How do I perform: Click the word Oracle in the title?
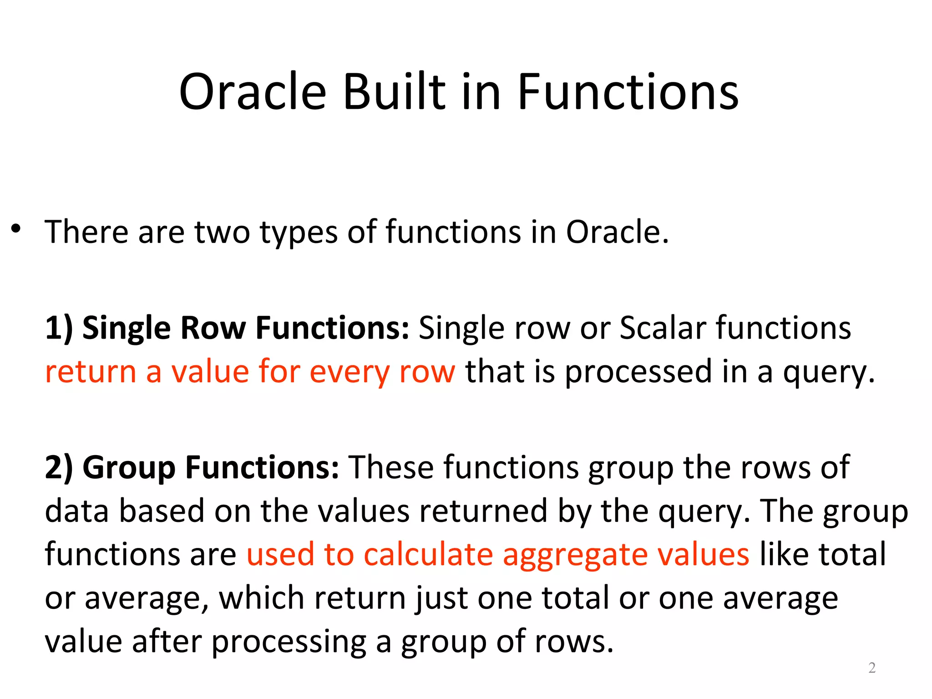[x=253, y=92]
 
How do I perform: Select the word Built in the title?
[x=394, y=92]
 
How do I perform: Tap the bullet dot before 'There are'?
[x=16, y=228]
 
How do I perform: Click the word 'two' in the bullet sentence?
[x=222, y=232]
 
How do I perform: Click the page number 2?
[x=871, y=668]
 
